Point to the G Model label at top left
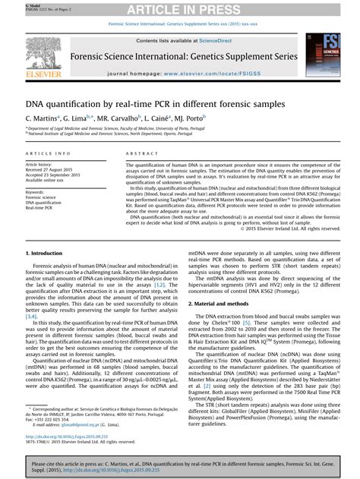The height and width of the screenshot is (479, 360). (x=13, y=4)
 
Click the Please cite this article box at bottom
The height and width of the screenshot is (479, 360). (x=180, y=465)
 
